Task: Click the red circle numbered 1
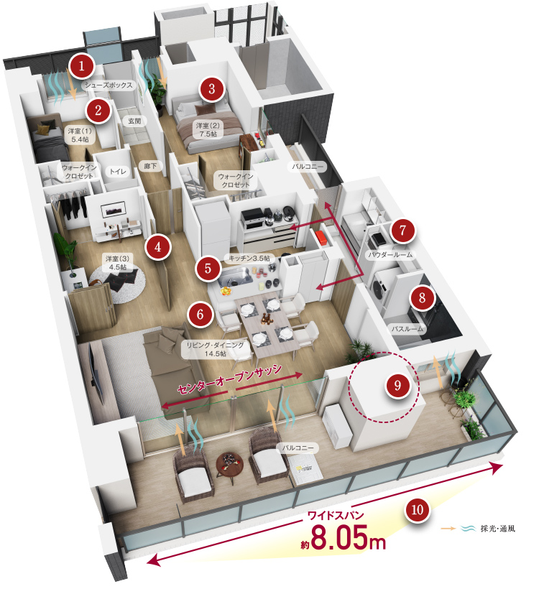point(81,66)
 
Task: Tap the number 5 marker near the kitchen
point(208,268)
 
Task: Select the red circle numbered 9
point(397,385)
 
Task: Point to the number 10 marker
point(418,510)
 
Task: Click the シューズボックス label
point(109,85)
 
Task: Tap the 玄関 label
point(134,121)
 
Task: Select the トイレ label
point(118,171)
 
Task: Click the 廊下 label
point(150,166)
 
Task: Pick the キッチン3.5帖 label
point(249,258)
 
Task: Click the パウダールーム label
point(390,255)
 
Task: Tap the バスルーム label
point(407,329)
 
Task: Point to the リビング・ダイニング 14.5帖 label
point(215,349)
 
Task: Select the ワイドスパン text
point(336,514)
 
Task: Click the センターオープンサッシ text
point(229,379)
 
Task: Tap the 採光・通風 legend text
point(497,529)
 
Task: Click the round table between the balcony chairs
point(229,464)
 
